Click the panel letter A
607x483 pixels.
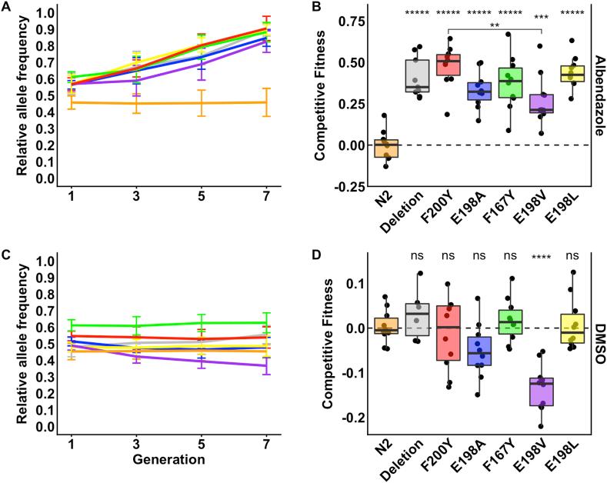pyautogui.click(x=7, y=7)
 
